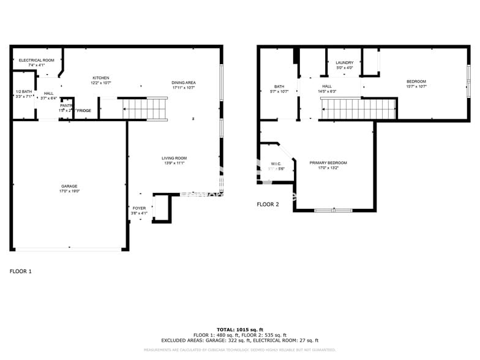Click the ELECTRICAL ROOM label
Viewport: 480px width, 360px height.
pyautogui.click(x=37, y=60)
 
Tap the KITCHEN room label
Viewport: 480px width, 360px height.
pyautogui.click(x=101, y=78)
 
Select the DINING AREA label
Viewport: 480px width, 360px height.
pyautogui.click(x=184, y=82)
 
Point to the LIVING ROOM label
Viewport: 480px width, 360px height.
pyautogui.click(x=174, y=158)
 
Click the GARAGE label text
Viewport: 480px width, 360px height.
pyautogui.click(x=69, y=186)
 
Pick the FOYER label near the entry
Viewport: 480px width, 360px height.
pyautogui.click(x=139, y=208)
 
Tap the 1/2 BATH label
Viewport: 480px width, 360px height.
pyautogui.click(x=23, y=92)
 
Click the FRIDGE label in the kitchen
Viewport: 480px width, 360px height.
pyautogui.click(x=84, y=111)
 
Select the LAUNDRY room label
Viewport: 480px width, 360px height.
pyautogui.click(x=344, y=62)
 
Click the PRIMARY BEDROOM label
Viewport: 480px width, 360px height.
pyautogui.click(x=328, y=163)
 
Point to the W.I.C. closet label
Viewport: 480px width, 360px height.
pyautogui.click(x=276, y=163)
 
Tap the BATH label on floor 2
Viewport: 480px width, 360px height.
pyautogui.click(x=279, y=86)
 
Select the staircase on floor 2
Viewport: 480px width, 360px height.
pyautogui.click(x=359, y=109)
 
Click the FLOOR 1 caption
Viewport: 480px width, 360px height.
pyautogui.click(x=20, y=271)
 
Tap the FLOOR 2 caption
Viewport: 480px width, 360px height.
pyautogui.click(x=268, y=204)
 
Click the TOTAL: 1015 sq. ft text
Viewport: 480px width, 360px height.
pyautogui.click(x=239, y=330)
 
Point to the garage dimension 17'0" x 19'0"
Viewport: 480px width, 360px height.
pyautogui.click(x=69, y=192)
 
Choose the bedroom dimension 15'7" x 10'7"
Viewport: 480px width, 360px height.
pyautogui.click(x=416, y=87)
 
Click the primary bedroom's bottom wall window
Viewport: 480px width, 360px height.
pyautogui.click(x=333, y=211)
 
